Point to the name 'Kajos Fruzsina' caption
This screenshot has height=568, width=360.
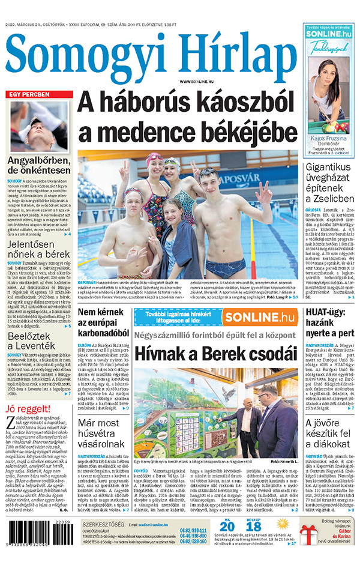coord(329,137)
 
